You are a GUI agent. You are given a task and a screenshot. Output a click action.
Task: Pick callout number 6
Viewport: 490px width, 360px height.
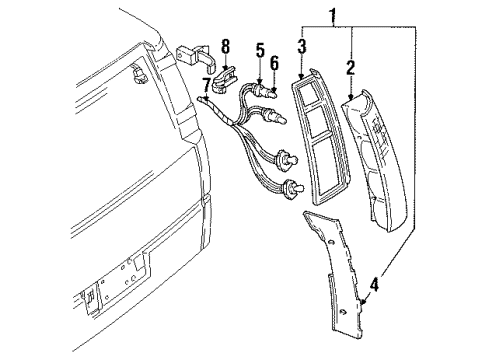click(x=273, y=63)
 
